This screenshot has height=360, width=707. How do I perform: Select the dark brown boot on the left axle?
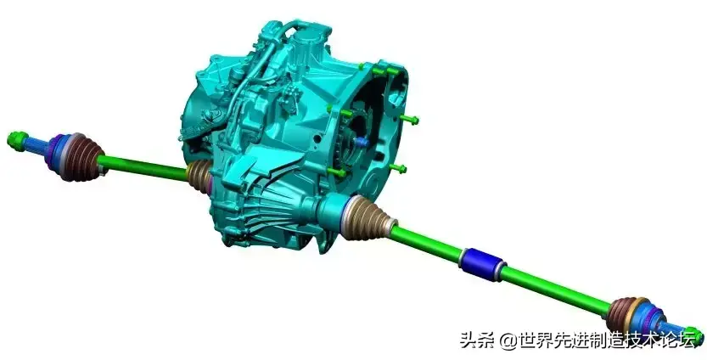tap(84, 157)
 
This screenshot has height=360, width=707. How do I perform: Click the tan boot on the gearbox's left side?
tap(199, 175)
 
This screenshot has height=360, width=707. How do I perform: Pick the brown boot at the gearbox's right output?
tap(368, 219)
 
